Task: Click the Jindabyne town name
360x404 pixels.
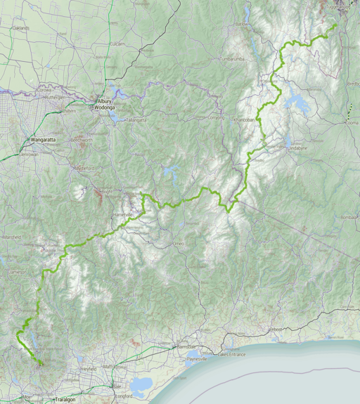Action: point(296,148)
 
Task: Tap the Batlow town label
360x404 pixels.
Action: point(242,24)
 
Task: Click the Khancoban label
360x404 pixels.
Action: point(243,120)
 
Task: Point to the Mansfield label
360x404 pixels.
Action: point(11,237)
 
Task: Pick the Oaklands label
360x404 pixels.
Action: point(21,28)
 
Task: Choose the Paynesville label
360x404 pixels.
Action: point(196,358)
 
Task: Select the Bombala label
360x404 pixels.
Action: point(349,218)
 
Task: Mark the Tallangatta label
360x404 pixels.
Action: point(136,119)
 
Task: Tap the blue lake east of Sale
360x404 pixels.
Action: point(141,384)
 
